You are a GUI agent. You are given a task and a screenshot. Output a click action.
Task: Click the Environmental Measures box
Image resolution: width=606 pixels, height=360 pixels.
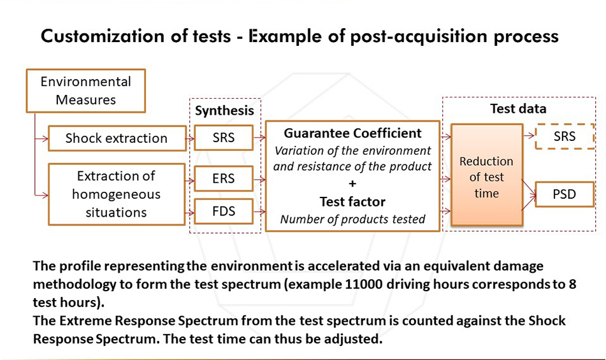click(x=85, y=90)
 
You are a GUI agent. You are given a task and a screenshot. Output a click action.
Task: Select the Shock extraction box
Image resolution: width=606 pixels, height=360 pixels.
click(x=116, y=138)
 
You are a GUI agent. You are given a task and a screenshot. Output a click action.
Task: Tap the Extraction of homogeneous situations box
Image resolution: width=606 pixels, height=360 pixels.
click(x=116, y=194)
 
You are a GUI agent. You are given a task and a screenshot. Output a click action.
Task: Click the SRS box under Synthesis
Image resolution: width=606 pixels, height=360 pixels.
click(x=224, y=138)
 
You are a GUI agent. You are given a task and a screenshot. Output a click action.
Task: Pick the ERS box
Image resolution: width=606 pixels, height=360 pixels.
click(x=224, y=179)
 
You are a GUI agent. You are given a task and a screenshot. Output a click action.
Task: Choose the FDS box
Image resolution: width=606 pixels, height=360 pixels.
click(x=224, y=211)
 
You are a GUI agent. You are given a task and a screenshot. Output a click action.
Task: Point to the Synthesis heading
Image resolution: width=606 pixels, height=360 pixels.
click(x=224, y=110)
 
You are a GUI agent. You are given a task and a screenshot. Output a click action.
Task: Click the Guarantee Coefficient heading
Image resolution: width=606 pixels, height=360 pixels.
click(x=352, y=133)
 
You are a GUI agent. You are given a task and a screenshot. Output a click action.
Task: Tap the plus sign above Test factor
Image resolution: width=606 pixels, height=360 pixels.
click(x=352, y=184)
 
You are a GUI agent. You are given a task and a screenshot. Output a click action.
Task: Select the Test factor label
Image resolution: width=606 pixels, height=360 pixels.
click(x=352, y=201)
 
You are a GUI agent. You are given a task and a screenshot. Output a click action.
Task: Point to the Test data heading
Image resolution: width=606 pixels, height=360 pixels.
click(x=517, y=108)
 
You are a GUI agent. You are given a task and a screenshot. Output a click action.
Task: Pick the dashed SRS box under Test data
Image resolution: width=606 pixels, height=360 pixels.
click(x=564, y=136)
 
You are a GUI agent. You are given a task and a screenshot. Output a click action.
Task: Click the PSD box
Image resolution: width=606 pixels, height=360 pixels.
click(x=564, y=194)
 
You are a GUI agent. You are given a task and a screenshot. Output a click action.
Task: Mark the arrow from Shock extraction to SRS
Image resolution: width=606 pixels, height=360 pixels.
click(x=190, y=137)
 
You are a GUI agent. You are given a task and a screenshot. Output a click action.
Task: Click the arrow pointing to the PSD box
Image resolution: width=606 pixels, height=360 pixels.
click(x=530, y=189)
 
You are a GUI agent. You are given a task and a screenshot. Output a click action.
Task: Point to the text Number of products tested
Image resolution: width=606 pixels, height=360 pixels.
click(x=352, y=219)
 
